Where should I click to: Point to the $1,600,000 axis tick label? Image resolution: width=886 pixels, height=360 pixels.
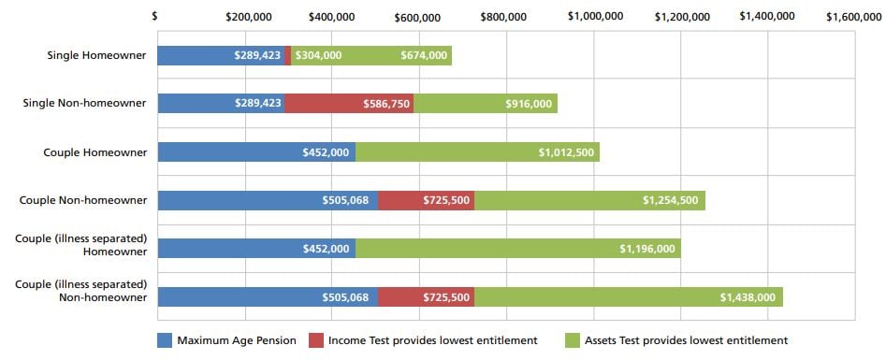855,16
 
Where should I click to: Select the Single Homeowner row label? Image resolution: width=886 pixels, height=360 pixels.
96,55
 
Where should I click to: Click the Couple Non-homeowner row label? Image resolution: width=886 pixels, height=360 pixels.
83,199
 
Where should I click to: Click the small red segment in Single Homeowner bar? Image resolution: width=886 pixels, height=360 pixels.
287,55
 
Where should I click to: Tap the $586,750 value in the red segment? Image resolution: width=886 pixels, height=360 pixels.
386,104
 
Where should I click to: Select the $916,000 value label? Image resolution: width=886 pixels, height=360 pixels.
529,104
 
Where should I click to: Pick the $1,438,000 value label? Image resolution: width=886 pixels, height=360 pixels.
748,297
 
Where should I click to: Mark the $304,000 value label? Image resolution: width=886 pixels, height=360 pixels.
318,55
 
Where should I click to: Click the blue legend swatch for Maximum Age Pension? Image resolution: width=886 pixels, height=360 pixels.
165,340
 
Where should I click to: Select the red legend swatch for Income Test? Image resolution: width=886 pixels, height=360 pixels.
316,340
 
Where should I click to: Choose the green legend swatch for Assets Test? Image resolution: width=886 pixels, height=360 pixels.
574,340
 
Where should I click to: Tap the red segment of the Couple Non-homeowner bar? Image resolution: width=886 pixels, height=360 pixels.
426,200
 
